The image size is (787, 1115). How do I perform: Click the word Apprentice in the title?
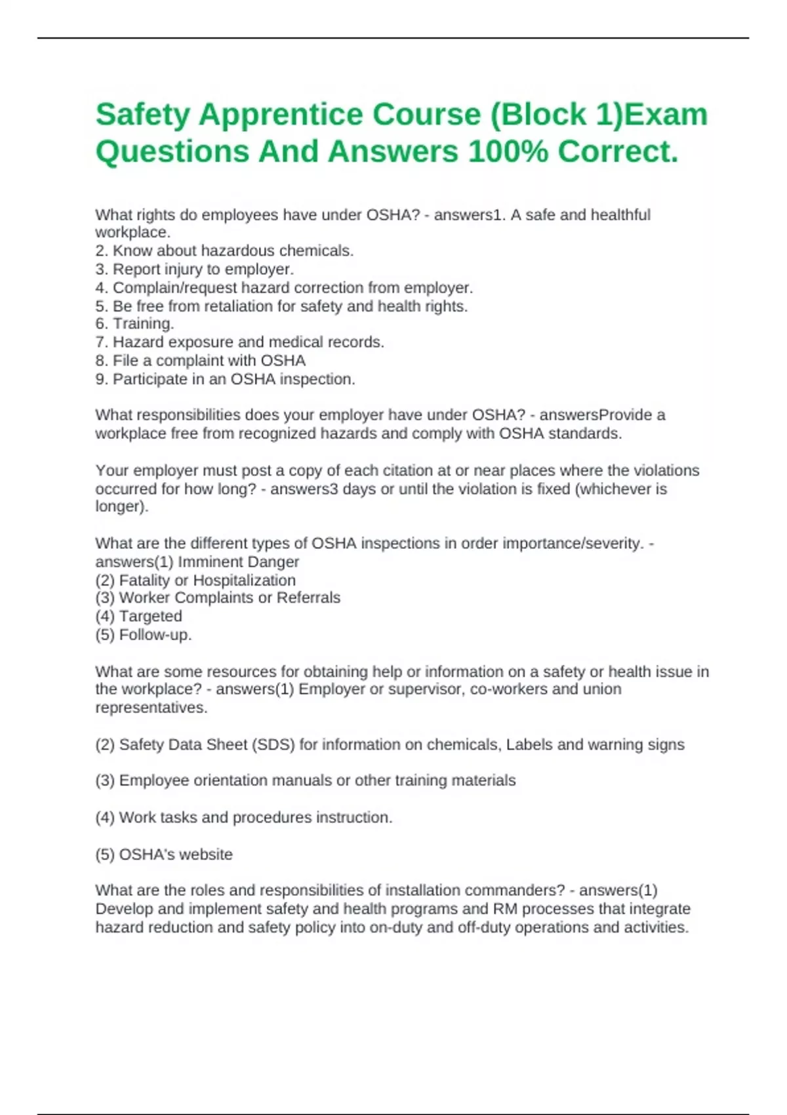[x=280, y=115]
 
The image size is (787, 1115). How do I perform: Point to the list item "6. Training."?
[x=134, y=324]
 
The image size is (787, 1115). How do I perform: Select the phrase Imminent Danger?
[x=238, y=562]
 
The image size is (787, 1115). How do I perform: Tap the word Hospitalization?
[x=244, y=580]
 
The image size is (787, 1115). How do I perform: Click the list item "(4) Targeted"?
[x=138, y=617]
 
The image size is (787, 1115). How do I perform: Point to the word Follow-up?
[x=155, y=635]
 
